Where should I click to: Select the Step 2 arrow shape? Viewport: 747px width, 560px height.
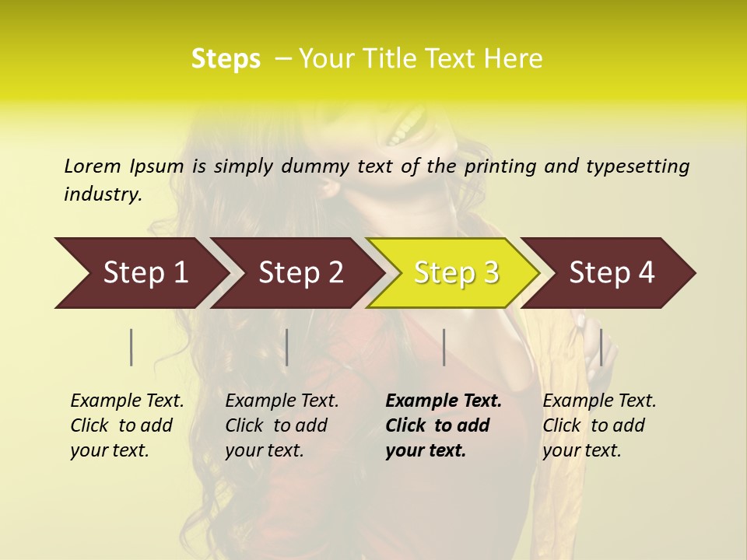[x=300, y=273]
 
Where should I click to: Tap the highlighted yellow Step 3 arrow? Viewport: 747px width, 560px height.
[x=455, y=273]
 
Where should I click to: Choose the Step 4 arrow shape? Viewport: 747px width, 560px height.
[x=611, y=273]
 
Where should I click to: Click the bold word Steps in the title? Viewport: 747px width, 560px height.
[x=226, y=58]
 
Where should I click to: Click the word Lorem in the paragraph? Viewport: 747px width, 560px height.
[x=93, y=166]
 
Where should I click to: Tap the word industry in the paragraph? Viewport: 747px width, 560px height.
[x=103, y=194]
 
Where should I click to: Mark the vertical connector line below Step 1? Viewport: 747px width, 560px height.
[x=132, y=347]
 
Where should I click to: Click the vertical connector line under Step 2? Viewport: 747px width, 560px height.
[x=287, y=347]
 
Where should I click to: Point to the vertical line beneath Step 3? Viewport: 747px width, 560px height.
[x=444, y=347]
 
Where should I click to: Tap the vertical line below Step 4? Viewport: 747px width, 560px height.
[x=601, y=347]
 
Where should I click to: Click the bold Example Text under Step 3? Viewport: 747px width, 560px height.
[x=444, y=425]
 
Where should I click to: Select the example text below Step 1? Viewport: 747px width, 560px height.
[x=127, y=425]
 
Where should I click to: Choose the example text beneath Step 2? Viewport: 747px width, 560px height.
[x=282, y=425]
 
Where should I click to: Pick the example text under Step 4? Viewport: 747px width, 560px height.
[x=599, y=425]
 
